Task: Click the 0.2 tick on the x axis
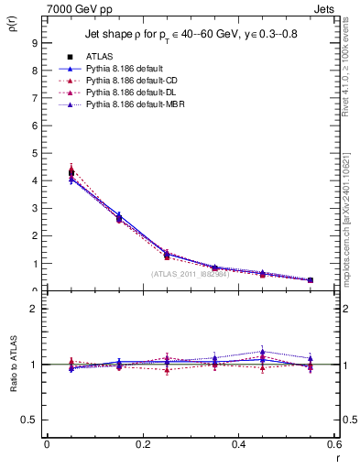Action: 142,445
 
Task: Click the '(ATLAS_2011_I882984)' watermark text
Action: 190,274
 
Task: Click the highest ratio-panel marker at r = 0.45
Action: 262,352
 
